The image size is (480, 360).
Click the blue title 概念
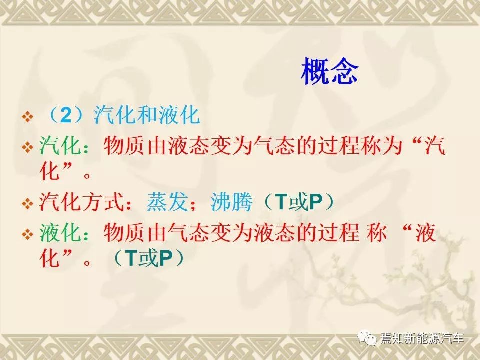[329, 71]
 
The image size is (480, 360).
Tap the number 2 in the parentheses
[66, 115]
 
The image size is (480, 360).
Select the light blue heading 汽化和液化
[147, 115]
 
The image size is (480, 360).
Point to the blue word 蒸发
[167, 202]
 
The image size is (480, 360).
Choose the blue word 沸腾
[231, 202]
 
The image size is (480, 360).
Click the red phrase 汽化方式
[81, 202]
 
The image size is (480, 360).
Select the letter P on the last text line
[166, 258]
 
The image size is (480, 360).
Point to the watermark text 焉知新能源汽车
[422, 339]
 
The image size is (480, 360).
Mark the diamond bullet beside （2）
[27, 117]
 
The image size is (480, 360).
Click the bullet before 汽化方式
[27, 203]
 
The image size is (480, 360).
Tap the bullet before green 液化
[27, 235]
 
